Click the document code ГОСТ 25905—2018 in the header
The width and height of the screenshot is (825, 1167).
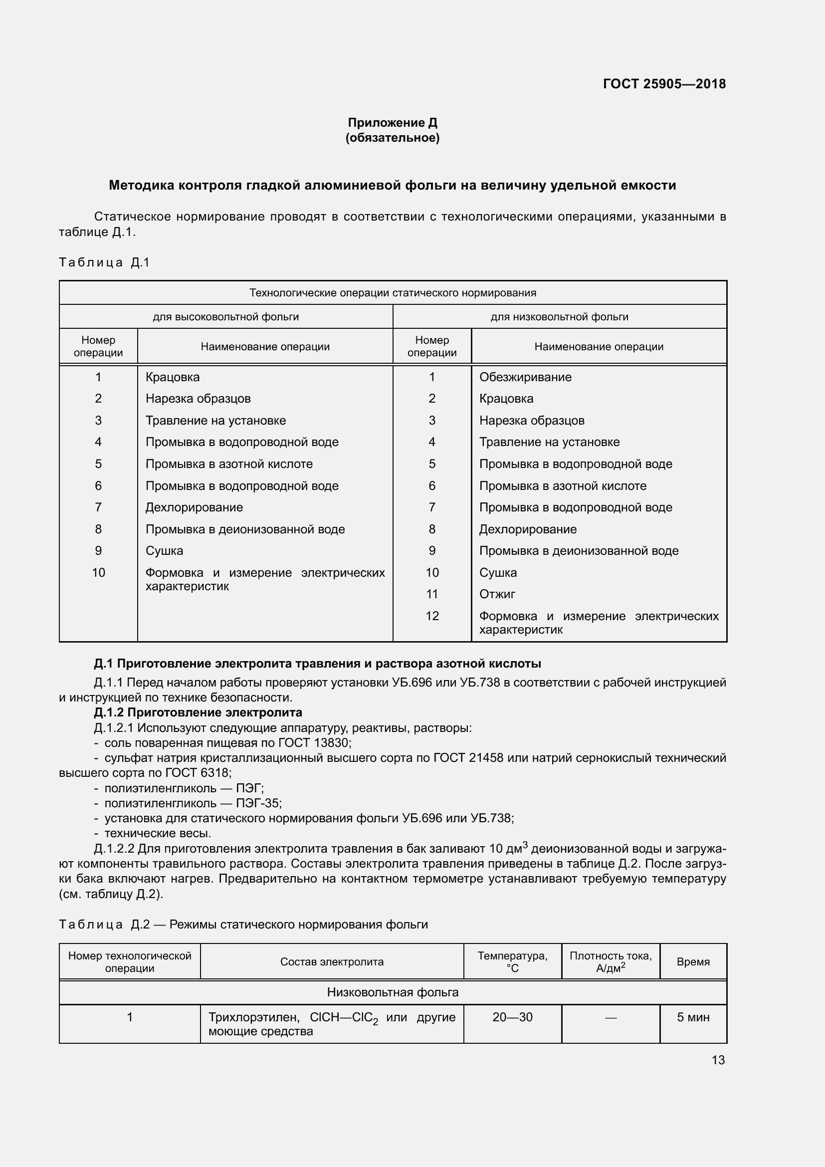[664, 84]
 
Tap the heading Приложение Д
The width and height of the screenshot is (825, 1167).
[392, 123]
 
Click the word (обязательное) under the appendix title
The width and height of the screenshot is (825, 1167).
[392, 138]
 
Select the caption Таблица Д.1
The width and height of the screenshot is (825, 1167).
[104, 262]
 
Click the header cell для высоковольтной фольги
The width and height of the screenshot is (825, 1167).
[225, 317]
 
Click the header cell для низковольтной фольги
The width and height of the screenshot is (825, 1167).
[559, 317]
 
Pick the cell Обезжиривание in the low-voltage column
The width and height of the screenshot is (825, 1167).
[525, 377]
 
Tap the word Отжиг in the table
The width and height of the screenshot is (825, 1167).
[497, 594]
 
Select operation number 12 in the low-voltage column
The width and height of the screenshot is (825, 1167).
[432, 616]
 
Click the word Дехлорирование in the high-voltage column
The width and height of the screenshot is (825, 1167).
[194, 507]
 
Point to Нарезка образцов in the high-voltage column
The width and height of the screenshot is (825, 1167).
[198, 399]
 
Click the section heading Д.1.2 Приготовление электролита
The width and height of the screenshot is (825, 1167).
[198, 712]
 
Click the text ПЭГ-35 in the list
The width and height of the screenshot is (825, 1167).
[258, 803]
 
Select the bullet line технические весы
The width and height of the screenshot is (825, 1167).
[158, 833]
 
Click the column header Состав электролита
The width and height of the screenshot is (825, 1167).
[332, 961]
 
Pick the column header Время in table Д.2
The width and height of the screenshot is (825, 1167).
[693, 961]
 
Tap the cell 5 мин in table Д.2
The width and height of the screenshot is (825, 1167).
[693, 1017]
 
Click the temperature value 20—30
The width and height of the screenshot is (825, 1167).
[512, 1017]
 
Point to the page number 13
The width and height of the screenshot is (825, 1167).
[718, 1060]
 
